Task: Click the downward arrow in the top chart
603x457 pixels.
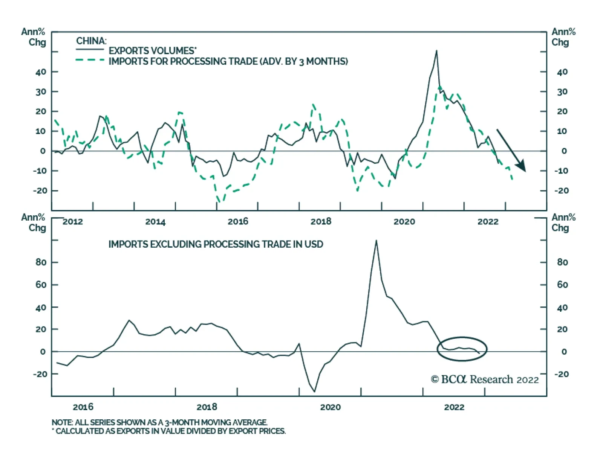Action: (x=511, y=151)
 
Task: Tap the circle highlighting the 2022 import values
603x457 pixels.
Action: (x=462, y=349)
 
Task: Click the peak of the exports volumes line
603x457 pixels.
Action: (x=436, y=51)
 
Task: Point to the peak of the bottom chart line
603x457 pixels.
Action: (x=376, y=241)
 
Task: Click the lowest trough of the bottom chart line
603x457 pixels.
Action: (x=314, y=391)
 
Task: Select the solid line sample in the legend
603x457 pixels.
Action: (x=90, y=50)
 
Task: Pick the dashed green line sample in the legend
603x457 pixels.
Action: (x=90, y=60)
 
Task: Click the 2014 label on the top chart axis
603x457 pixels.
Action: (x=155, y=222)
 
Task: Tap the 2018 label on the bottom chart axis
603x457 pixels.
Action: (x=207, y=407)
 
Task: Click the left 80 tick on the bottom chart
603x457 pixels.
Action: (x=41, y=262)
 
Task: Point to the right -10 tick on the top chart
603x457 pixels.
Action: (x=562, y=171)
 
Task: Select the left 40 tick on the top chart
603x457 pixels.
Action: (x=41, y=72)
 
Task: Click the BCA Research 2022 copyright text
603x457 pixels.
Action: (x=485, y=379)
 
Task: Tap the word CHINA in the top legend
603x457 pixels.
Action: (x=91, y=41)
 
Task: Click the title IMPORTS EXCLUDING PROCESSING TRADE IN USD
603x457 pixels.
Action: (x=216, y=244)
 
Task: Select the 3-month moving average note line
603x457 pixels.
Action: (x=159, y=422)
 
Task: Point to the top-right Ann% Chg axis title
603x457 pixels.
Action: (x=563, y=37)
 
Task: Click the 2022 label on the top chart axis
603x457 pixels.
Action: (x=488, y=222)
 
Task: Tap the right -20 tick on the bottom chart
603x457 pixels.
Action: (x=562, y=374)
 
